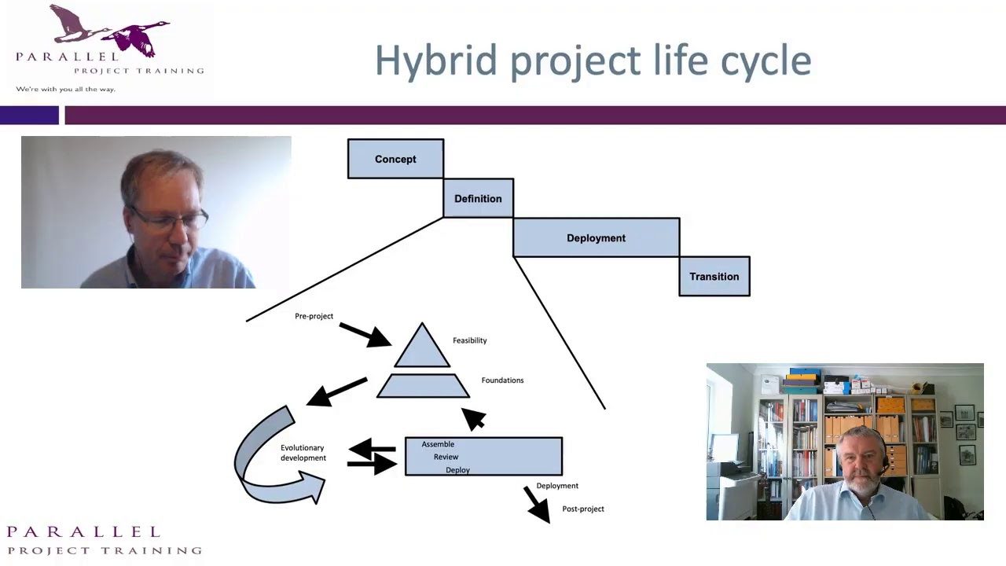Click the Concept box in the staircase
pos(395,159)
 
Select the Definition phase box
pos(479,198)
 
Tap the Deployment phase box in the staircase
pos(596,237)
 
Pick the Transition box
pos(714,276)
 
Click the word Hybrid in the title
pos(435,61)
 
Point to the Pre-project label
pos(314,316)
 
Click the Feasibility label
pos(470,340)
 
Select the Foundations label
pos(502,380)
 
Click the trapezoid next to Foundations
pos(423,385)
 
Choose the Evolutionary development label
pos(303,453)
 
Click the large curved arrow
pos(251,476)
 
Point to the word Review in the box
pos(446,457)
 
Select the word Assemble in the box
pos(438,444)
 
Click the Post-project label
pos(583,509)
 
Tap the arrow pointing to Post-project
pos(537,505)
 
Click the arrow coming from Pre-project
pos(365,335)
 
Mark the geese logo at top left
pos(109,31)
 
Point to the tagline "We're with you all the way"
pos(65,89)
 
